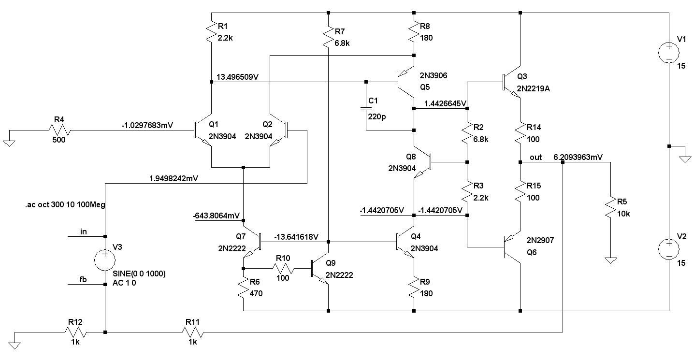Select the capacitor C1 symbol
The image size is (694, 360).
point(366,110)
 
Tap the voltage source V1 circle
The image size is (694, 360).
point(669,52)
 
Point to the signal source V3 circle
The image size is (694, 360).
point(105,260)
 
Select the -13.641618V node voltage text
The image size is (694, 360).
point(296,237)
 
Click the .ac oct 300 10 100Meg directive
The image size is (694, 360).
point(65,204)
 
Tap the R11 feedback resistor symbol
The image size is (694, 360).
point(192,332)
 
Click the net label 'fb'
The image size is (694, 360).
point(83,279)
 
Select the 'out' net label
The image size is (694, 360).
point(535,157)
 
